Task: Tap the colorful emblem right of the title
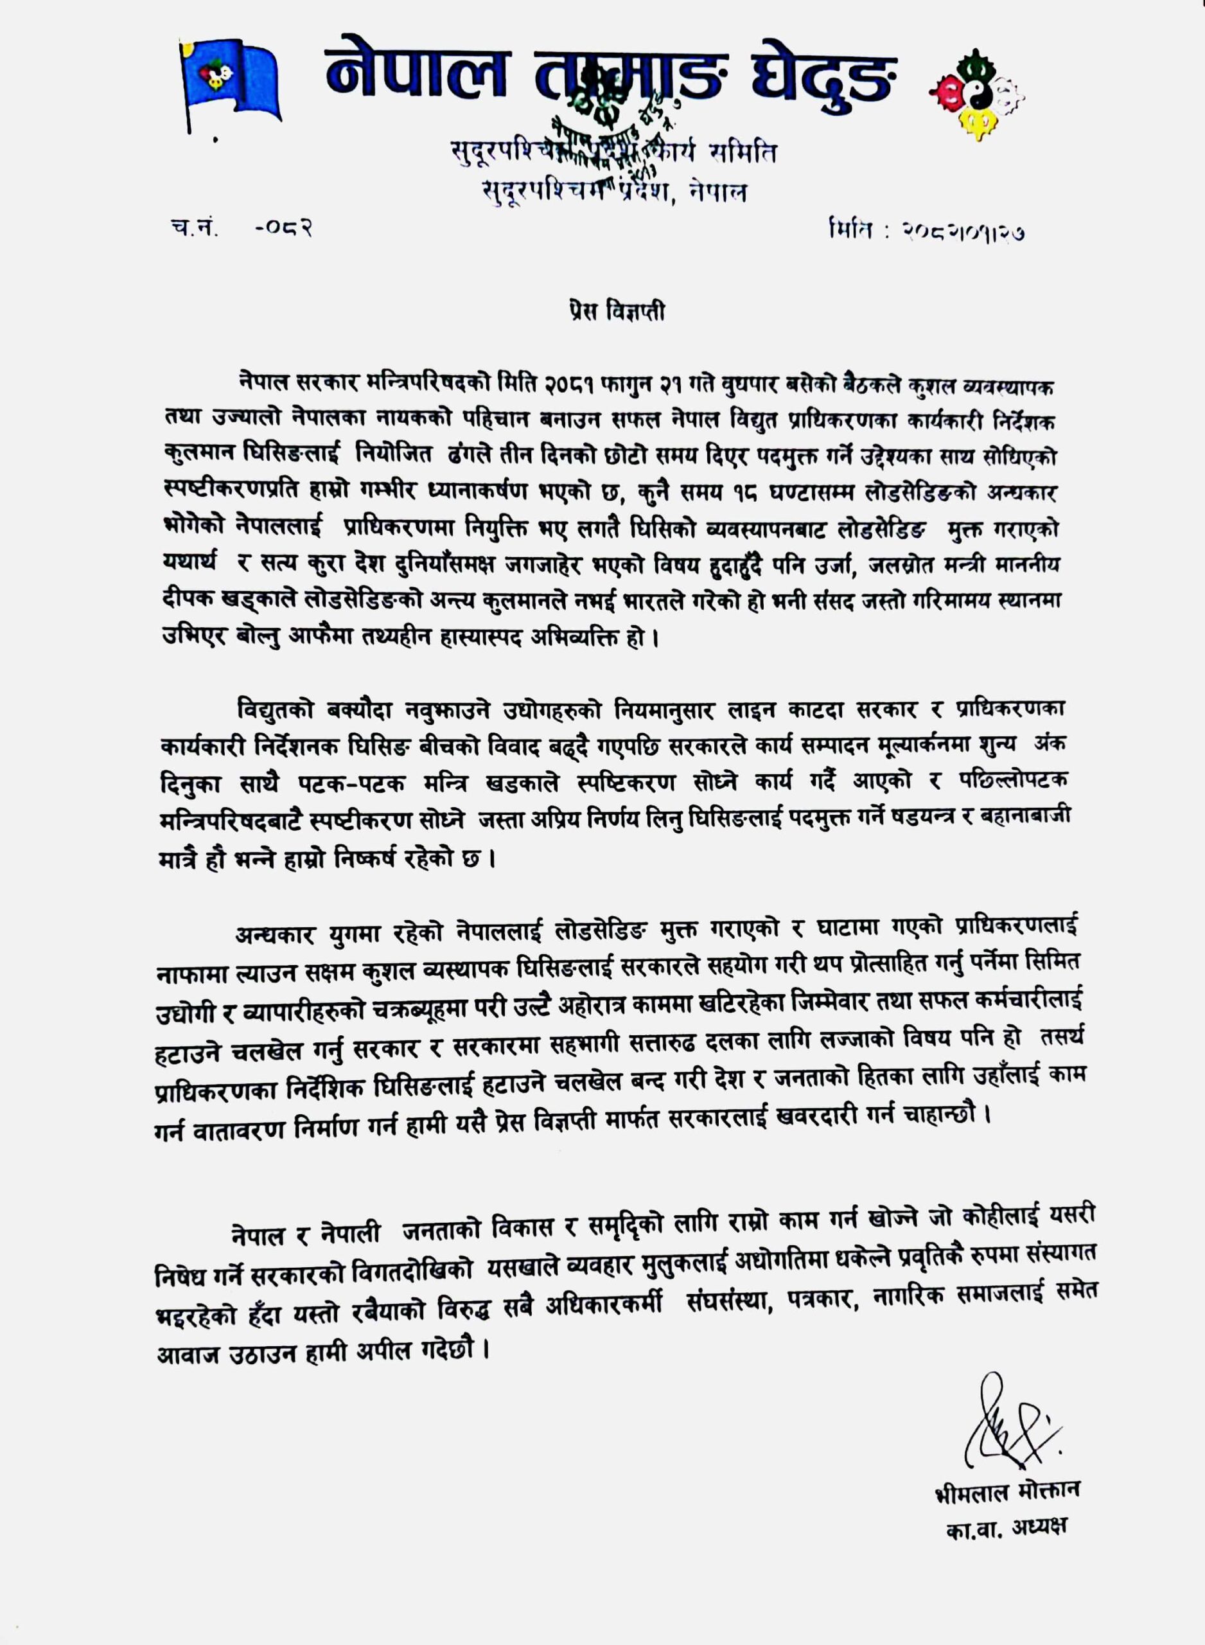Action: point(976,94)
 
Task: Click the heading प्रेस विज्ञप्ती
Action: point(615,312)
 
